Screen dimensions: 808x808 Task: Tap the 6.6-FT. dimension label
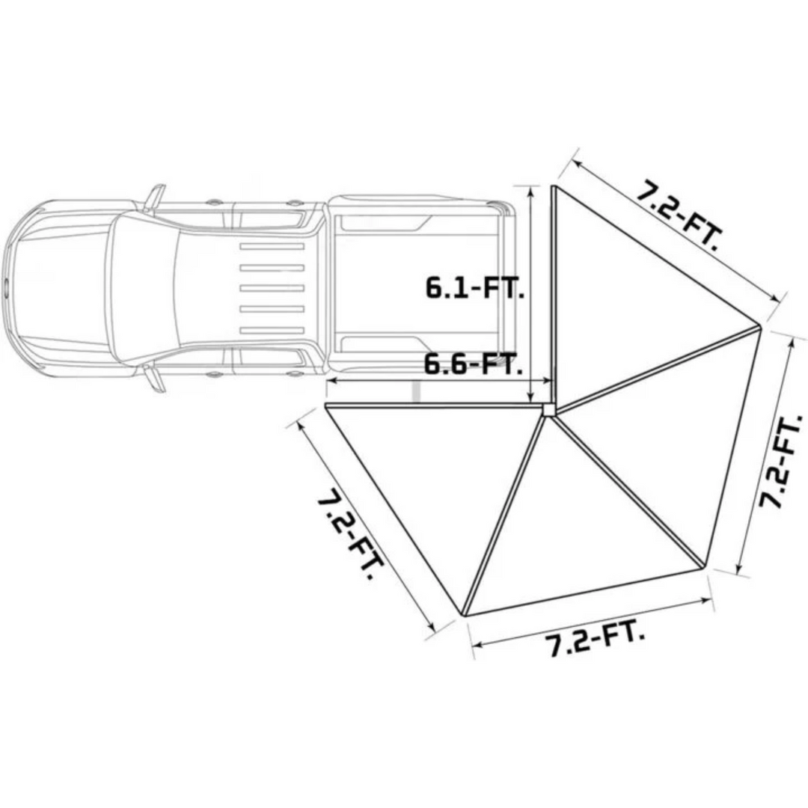473,365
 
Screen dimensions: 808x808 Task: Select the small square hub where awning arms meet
548,409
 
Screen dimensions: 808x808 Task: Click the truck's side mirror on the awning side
154,377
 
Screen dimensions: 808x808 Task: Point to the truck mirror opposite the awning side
153,197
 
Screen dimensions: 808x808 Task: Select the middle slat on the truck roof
271,288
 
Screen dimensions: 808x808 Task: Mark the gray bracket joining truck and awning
417,392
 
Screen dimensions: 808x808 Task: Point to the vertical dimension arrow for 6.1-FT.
531,292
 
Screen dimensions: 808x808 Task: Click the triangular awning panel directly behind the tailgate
628,299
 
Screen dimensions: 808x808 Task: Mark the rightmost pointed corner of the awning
759,326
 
